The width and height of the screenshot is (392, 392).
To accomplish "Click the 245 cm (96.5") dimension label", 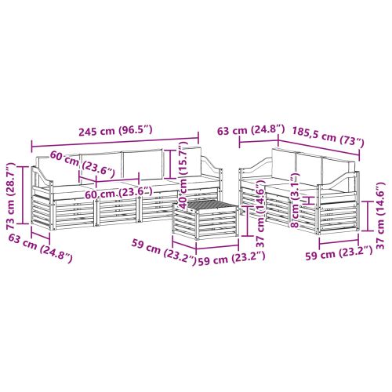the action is [115, 130].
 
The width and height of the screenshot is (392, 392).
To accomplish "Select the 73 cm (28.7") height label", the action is [11, 196].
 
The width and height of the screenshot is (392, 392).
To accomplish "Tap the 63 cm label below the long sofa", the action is [40, 249].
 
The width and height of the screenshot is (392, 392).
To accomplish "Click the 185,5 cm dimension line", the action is [318, 148].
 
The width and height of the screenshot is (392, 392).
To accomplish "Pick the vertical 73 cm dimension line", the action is [23, 195].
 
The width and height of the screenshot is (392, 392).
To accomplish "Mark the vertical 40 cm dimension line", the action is [170, 165].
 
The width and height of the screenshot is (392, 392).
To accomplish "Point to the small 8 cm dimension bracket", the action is [310, 200].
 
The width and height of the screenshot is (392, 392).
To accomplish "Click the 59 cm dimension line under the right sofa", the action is [339, 242].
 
